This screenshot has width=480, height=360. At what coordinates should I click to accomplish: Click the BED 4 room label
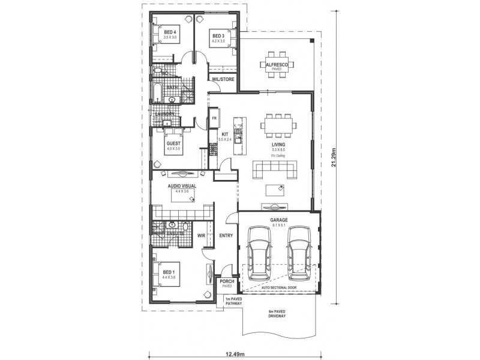[x=169, y=32]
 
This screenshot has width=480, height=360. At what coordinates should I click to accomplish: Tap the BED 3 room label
[x=218, y=36]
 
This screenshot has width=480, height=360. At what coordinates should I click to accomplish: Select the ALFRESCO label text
[x=277, y=64]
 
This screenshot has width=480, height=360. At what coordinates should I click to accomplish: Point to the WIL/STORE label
[x=223, y=79]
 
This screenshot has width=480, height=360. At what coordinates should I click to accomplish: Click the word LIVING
[x=278, y=145]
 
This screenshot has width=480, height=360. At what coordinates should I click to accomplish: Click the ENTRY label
[x=226, y=236]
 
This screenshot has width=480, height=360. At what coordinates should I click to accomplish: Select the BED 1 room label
[x=170, y=272]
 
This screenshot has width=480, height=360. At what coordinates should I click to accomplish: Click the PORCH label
[x=227, y=282]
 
